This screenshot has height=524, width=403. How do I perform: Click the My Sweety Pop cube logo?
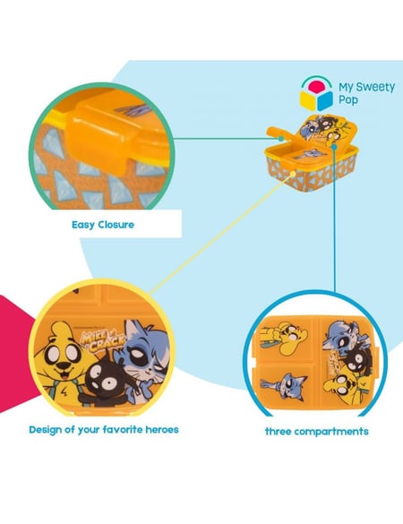(x=316, y=94)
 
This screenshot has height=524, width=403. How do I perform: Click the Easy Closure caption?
(x=103, y=225)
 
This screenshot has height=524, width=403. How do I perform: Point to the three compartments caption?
(x=317, y=432)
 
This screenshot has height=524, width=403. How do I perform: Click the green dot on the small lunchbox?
(x=281, y=138)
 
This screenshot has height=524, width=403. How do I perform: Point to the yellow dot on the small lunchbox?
(x=293, y=174)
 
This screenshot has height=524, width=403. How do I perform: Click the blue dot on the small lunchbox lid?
(x=334, y=146)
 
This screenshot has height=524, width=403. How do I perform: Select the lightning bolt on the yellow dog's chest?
(x=64, y=391)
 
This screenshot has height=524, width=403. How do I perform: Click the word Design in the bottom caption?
(x=46, y=430)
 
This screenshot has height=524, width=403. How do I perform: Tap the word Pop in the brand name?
(x=348, y=100)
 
